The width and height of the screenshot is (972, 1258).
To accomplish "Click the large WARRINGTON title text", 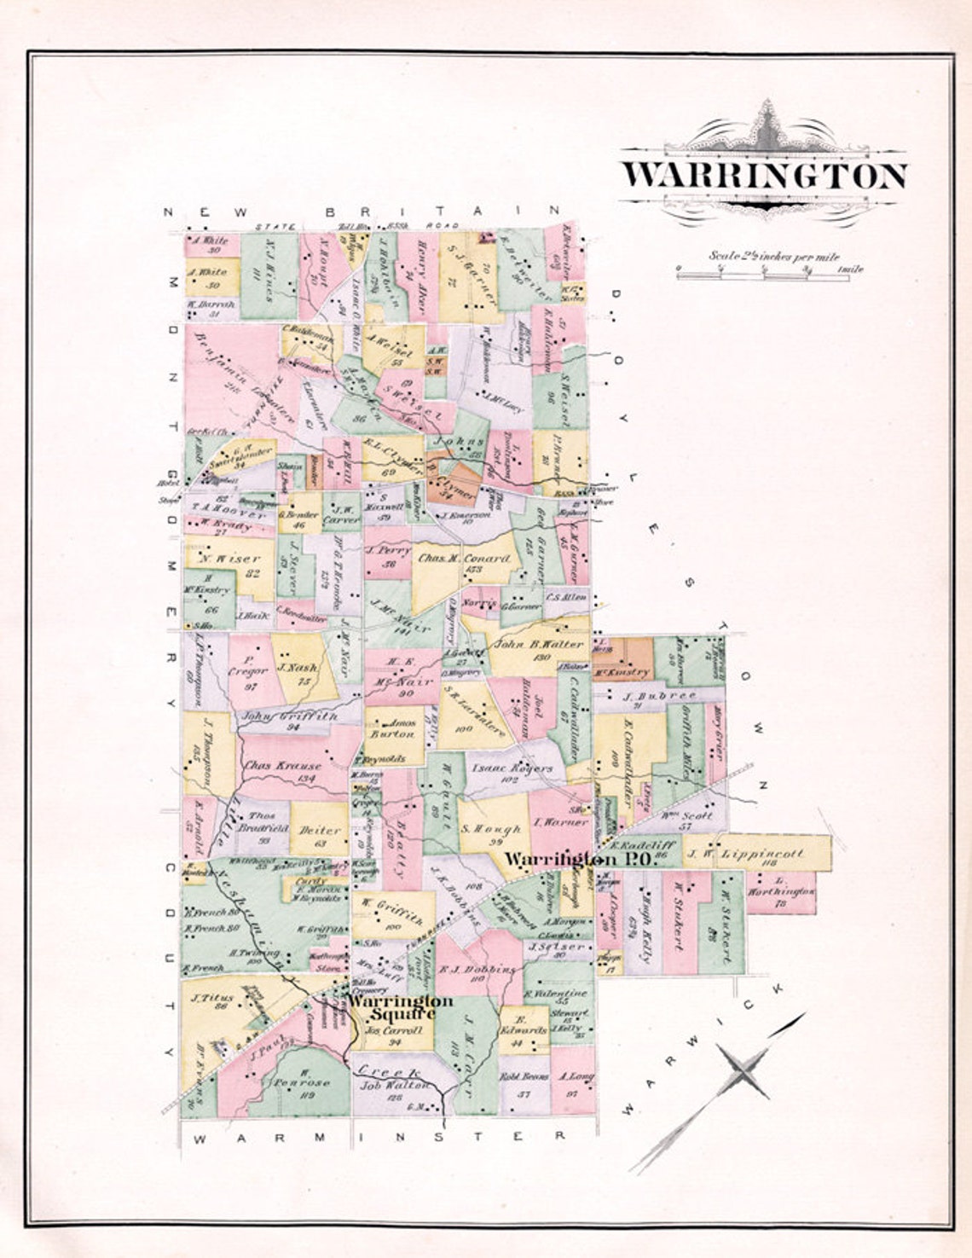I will pos(763,175).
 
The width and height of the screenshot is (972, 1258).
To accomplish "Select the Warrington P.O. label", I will pos(577,860).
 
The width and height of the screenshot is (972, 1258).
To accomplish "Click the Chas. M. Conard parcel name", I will pos(465,559).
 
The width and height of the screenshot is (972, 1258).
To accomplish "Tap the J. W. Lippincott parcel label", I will pos(745,852).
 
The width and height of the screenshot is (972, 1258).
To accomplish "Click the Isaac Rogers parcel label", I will pos(512,768).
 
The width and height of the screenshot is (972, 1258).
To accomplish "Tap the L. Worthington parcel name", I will pos(780,891).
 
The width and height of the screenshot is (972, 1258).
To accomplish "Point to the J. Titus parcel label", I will pos(210,998).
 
